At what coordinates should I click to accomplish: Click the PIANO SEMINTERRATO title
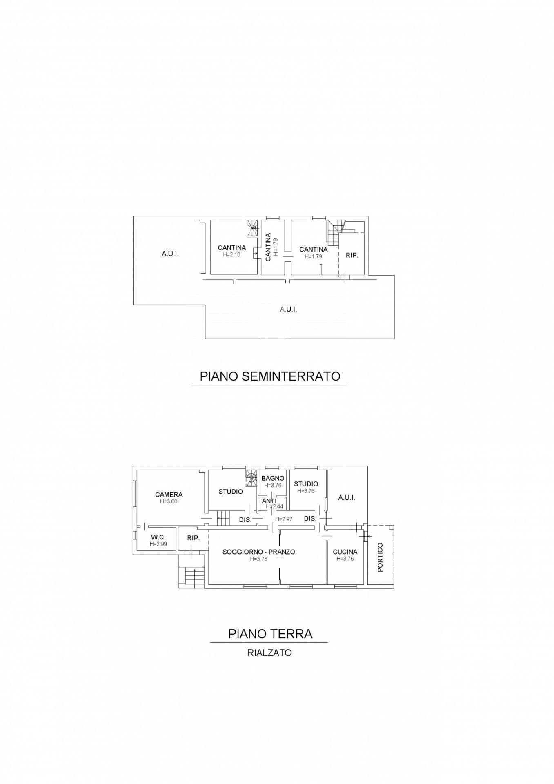(x=270, y=376)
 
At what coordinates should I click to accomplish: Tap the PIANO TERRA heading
(x=270, y=634)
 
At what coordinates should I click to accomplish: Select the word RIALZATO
(x=269, y=653)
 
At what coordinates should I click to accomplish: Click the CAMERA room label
(x=169, y=495)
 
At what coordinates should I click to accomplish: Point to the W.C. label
(x=158, y=537)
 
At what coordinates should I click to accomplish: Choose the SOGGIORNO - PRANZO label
(x=259, y=552)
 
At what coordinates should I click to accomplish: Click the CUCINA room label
(x=345, y=552)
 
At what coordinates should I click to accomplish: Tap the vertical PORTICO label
(x=380, y=557)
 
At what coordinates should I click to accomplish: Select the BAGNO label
(x=273, y=478)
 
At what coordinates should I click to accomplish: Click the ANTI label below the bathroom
(x=269, y=501)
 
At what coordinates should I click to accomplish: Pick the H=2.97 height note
(x=284, y=519)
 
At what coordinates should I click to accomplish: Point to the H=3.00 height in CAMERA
(x=169, y=501)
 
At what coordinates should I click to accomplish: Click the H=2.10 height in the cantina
(x=231, y=254)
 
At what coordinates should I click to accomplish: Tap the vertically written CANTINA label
(x=268, y=247)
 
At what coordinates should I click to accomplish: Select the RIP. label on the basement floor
(x=352, y=255)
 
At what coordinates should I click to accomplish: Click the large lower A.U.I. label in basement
(x=288, y=310)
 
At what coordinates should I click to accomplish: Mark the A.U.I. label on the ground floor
(x=347, y=498)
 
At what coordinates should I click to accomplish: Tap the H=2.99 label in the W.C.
(x=158, y=544)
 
